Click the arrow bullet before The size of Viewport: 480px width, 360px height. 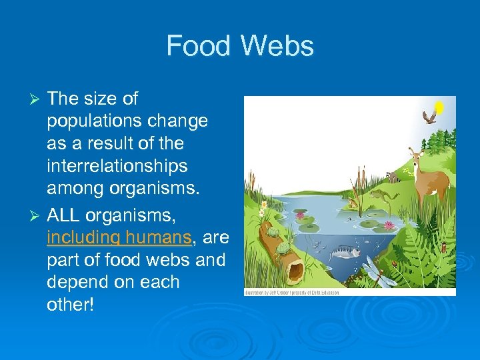(37, 99)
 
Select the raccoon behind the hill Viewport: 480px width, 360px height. (395, 177)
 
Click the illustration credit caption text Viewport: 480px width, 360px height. (292, 293)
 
